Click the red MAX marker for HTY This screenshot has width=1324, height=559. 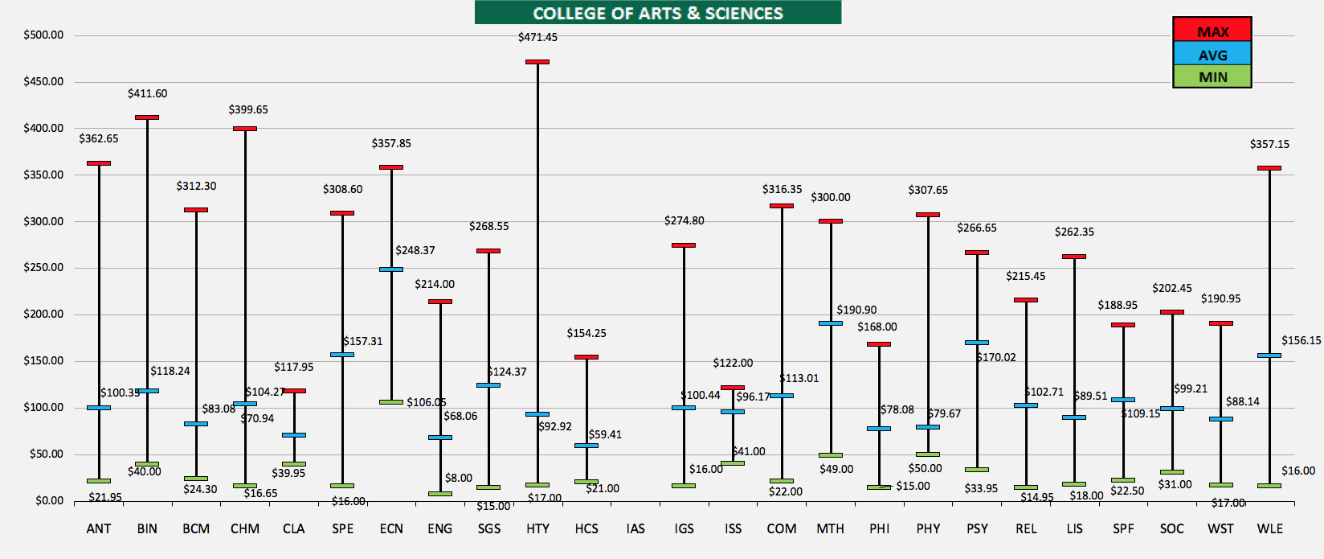[537, 62]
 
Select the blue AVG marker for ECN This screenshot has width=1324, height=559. [391, 269]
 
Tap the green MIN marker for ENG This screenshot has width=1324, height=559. [440, 494]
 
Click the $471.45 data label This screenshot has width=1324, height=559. [537, 37]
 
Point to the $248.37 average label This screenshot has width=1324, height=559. [415, 250]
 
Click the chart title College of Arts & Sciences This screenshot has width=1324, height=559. [657, 13]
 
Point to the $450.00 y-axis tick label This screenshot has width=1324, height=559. [43, 81]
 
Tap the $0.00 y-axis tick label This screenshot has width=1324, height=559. [49, 500]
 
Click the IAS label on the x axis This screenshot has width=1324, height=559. [635, 528]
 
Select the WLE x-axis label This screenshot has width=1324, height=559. [1269, 528]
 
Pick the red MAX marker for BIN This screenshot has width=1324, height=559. [147, 117]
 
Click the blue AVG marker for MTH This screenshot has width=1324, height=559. [831, 323]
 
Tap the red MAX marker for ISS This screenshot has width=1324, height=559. [733, 388]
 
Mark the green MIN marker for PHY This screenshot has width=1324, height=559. [928, 454]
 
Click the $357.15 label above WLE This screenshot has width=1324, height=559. [1269, 144]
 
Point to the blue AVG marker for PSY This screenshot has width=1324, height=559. [977, 343]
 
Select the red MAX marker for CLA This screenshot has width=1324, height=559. [294, 391]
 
